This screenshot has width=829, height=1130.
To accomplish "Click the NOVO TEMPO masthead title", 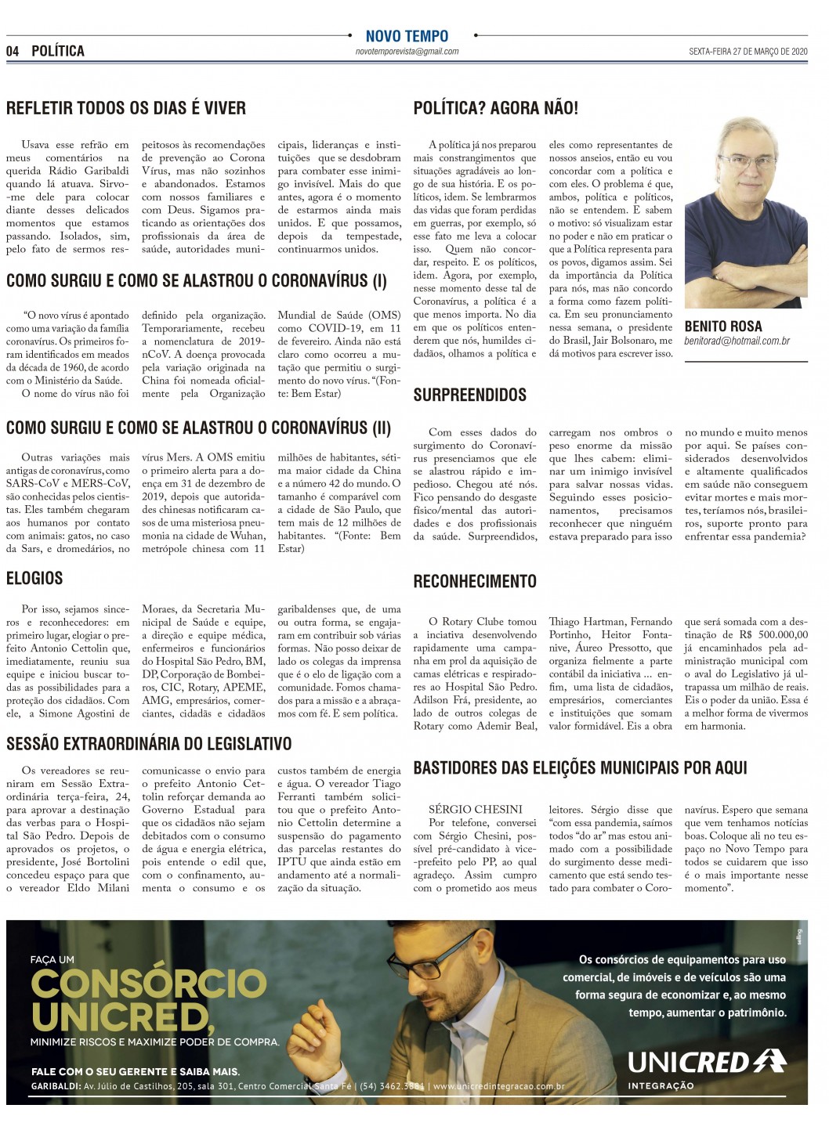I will pos(407,36).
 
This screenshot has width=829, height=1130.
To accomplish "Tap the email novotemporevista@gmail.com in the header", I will pos(407,52).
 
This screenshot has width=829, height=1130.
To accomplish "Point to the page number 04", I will pos(13,51).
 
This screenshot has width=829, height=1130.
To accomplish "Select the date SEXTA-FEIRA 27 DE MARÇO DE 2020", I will pos(748,52).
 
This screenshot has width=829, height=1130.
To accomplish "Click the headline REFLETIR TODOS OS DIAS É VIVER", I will pos(126,108).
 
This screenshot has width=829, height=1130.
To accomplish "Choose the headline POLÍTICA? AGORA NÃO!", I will pos(495,108).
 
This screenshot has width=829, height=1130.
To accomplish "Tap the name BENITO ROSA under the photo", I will pos(722,326).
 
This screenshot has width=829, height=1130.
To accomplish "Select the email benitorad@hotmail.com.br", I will pos(737,341).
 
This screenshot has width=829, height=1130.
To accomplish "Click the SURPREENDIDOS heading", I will pos(470,395).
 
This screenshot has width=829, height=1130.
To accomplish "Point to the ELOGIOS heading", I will pos(34,578).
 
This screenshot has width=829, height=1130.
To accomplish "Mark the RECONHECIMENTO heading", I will pos(475,581).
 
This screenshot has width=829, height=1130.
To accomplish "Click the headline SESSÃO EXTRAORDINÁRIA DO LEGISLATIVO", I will pos(149,743).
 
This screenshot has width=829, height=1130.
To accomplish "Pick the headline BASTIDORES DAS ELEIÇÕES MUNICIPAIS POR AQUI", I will pos(580,767).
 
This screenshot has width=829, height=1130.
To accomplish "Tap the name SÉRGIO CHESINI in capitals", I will pos(476,810).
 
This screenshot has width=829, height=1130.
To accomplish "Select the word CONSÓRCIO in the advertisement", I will pos(149,984).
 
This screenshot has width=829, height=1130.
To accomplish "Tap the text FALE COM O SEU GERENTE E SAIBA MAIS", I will pos(136,1071).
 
